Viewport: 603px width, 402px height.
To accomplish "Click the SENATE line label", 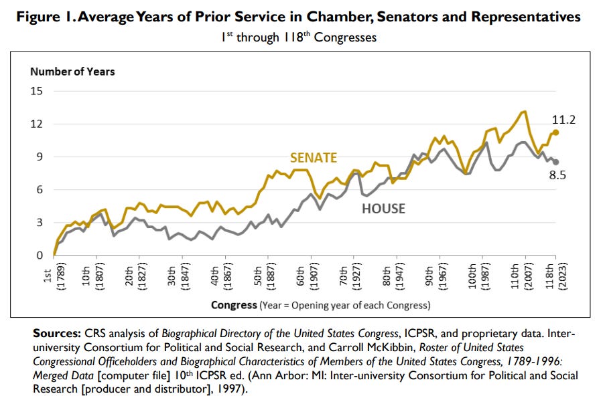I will (x=313, y=158).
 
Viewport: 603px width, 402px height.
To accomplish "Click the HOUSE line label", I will (x=383, y=209).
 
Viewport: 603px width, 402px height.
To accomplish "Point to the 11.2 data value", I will (x=564, y=120).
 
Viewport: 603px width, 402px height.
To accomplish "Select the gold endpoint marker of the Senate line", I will (x=555, y=132).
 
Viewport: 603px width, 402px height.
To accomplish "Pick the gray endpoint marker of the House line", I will (x=555, y=162).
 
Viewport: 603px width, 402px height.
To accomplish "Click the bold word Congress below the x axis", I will (x=234, y=306).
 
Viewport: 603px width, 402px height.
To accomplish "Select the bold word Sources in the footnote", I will (x=56, y=332).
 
